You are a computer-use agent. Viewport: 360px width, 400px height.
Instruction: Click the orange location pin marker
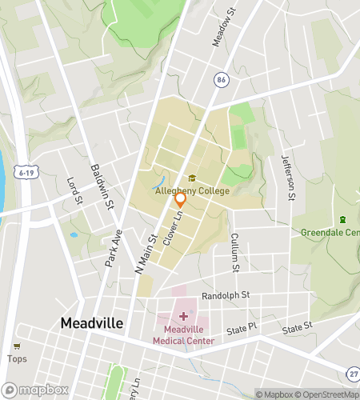181,199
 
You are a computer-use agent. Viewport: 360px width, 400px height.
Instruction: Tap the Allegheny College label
192,190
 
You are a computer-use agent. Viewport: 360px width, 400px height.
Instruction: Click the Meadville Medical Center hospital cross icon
183,318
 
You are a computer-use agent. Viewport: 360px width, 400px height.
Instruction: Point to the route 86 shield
221,79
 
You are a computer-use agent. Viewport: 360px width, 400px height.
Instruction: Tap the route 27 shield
353,374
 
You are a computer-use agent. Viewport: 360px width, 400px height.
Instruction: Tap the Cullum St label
235,250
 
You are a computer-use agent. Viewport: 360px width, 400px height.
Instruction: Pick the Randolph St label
226,295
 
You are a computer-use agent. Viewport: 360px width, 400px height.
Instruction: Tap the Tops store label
17,358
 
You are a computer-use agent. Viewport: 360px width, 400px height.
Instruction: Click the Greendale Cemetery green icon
343,220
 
